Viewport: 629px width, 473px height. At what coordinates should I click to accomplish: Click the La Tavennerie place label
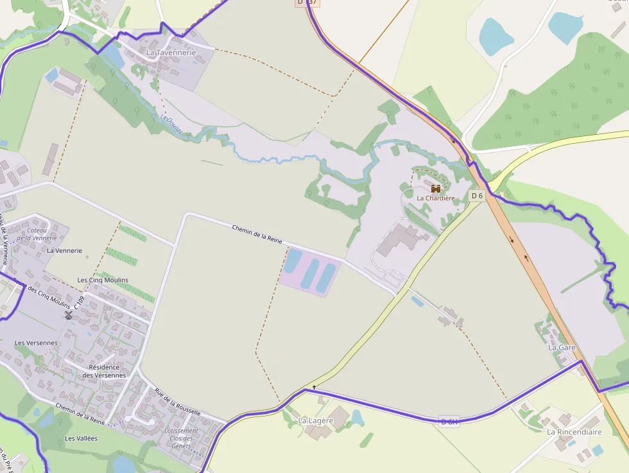click(171, 52)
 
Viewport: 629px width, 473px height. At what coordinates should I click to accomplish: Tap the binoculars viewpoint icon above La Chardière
click(436, 189)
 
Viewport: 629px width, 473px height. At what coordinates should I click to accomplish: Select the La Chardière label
click(436, 198)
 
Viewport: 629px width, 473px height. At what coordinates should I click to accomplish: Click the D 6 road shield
click(476, 195)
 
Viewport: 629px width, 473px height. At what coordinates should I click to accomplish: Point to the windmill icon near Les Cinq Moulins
click(69, 315)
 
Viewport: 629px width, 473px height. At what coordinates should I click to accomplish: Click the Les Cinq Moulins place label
click(103, 280)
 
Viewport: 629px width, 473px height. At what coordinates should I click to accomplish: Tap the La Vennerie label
click(64, 250)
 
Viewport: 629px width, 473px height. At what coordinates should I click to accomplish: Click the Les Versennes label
click(36, 343)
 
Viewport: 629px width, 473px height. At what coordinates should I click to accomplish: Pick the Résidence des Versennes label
click(105, 371)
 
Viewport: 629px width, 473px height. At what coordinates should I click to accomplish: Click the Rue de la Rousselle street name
click(177, 402)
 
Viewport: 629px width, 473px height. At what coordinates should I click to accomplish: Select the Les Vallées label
click(81, 438)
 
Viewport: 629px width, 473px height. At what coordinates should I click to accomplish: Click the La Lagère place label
click(316, 420)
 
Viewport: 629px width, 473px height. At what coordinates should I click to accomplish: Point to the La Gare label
click(562, 347)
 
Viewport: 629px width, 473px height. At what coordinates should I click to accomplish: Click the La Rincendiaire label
click(574, 432)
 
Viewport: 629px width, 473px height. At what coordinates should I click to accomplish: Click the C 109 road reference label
click(80, 302)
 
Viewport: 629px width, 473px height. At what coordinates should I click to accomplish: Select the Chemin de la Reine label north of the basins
click(257, 234)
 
